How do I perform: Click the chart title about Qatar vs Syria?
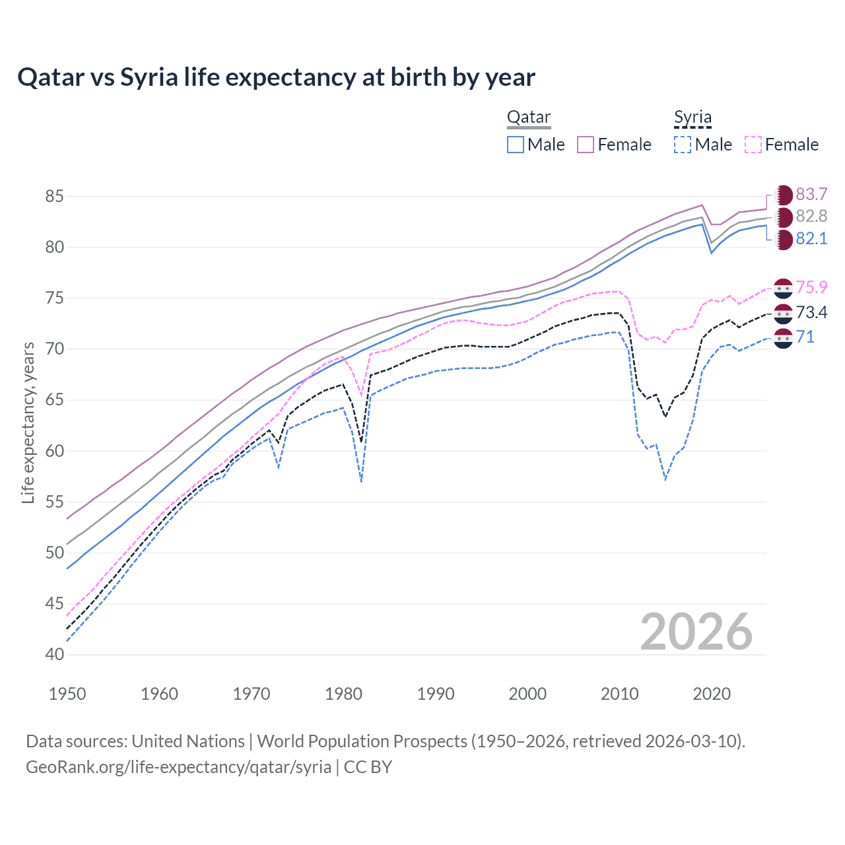pyautogui.click(x=276, y=77)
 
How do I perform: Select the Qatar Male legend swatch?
pyautogui.click(x=516, y=145)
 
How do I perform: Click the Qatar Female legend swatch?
pyautogui.click(x=586, y=145)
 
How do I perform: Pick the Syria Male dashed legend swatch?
pyautogui.click(x=683, y=145)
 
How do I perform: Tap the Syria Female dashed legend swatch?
pyautogui.click(x=753, y=145)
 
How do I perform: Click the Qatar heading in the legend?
pyautogui.click(x=528, y=118)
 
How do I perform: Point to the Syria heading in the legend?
pyautogui.click(x=693, y=118)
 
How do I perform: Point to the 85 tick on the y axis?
pyautogui.click(x=55, y=196)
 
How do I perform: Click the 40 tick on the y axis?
pyautogui.click(x=55, y=654)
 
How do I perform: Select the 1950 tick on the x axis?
pyautogui.click(x=67, y=694)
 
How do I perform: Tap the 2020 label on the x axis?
pyautogui.click(x=712, y=694)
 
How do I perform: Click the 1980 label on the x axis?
pyautogui.click(x=343, y=694)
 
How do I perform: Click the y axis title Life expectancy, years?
pyautogui.click(x=28, y=422)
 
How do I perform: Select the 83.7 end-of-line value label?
pyautogui.click(x=811, y=194)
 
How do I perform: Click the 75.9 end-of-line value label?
pyautogui.click(x=811, y=287)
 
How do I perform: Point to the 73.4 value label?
pyautogui.click(x=811, y=312)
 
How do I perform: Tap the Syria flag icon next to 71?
pyautogui.click(x=783, y=337)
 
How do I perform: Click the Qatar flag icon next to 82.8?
pyautogui.click(x=783, y=217)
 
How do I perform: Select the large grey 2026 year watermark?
pyautogui.click(x=696, y=632)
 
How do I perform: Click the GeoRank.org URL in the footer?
pyautogui.click(x=178, y=767)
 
